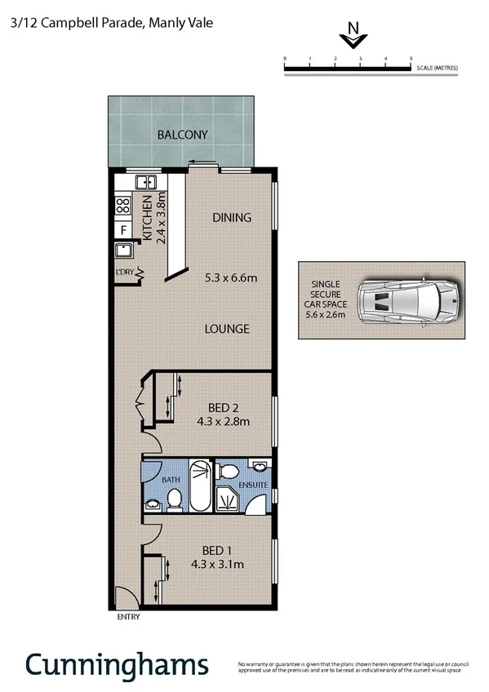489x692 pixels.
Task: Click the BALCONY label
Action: pyautogui.click(x=183, y=135)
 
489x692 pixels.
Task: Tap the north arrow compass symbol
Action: pyautogui.click(x=353, y=37)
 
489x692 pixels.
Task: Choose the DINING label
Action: pyautogui.click(x=231, y=218)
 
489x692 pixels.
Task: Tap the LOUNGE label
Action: pyautogui.click(x=227, y=329)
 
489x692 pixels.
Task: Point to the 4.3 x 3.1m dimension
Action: pyautogui.click(x=218, y=564)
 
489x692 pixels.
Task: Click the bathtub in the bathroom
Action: pyautogui.click(x=198, y=487)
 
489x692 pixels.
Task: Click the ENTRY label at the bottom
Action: pyautogui.click(x=128, y=617)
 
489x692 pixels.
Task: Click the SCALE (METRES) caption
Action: pyautogui.click(x=437, y=67)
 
